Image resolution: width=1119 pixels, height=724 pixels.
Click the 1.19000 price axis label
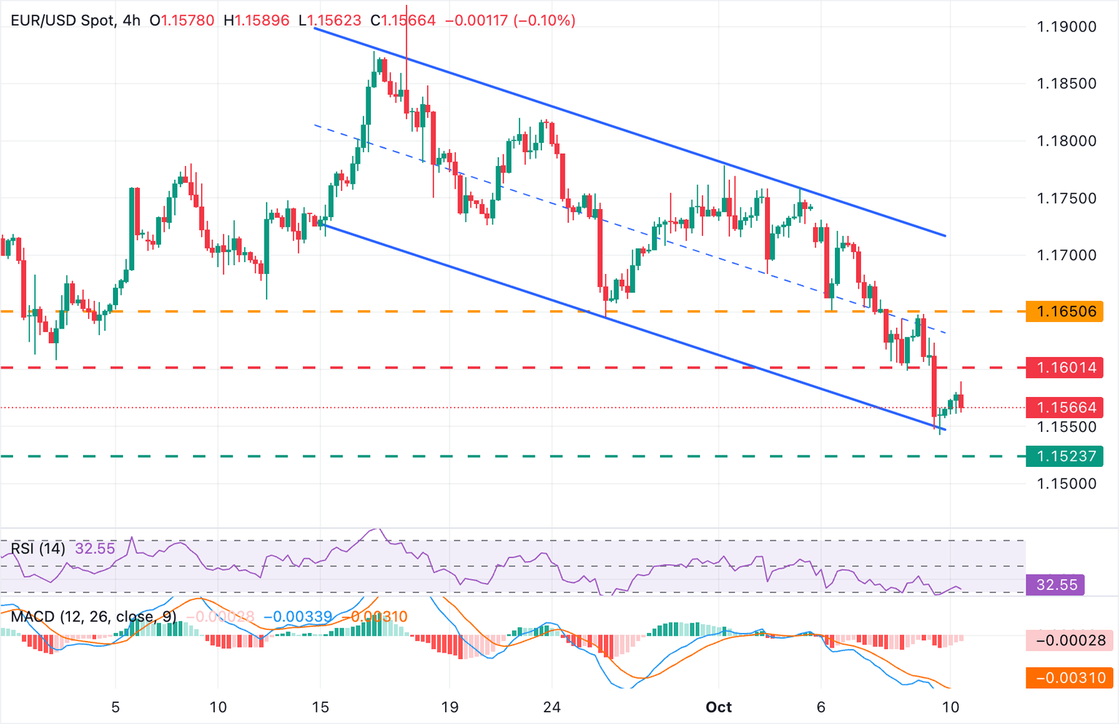click(1066, 27)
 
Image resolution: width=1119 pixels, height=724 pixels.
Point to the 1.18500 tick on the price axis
click(1066, 84)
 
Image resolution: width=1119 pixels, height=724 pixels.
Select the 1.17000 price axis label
click(1066, 255)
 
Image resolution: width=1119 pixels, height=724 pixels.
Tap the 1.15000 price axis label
click(1066, 484)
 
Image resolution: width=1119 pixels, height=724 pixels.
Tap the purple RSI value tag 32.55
click(1056, 585)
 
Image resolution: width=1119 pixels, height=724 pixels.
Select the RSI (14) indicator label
click(38, 548)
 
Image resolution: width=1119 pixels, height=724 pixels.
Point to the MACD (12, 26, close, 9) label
click(93, 617)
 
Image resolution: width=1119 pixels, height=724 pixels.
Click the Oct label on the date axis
click(719, 707)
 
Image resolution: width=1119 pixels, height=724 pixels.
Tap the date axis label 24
click(551, 707)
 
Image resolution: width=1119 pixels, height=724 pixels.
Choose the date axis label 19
click(449, 707)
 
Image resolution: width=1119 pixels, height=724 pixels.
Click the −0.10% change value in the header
click(545, 20)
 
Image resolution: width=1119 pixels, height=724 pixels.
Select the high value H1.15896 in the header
click(256, 20)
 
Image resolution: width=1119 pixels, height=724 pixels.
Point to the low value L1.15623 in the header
click(331, 20)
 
